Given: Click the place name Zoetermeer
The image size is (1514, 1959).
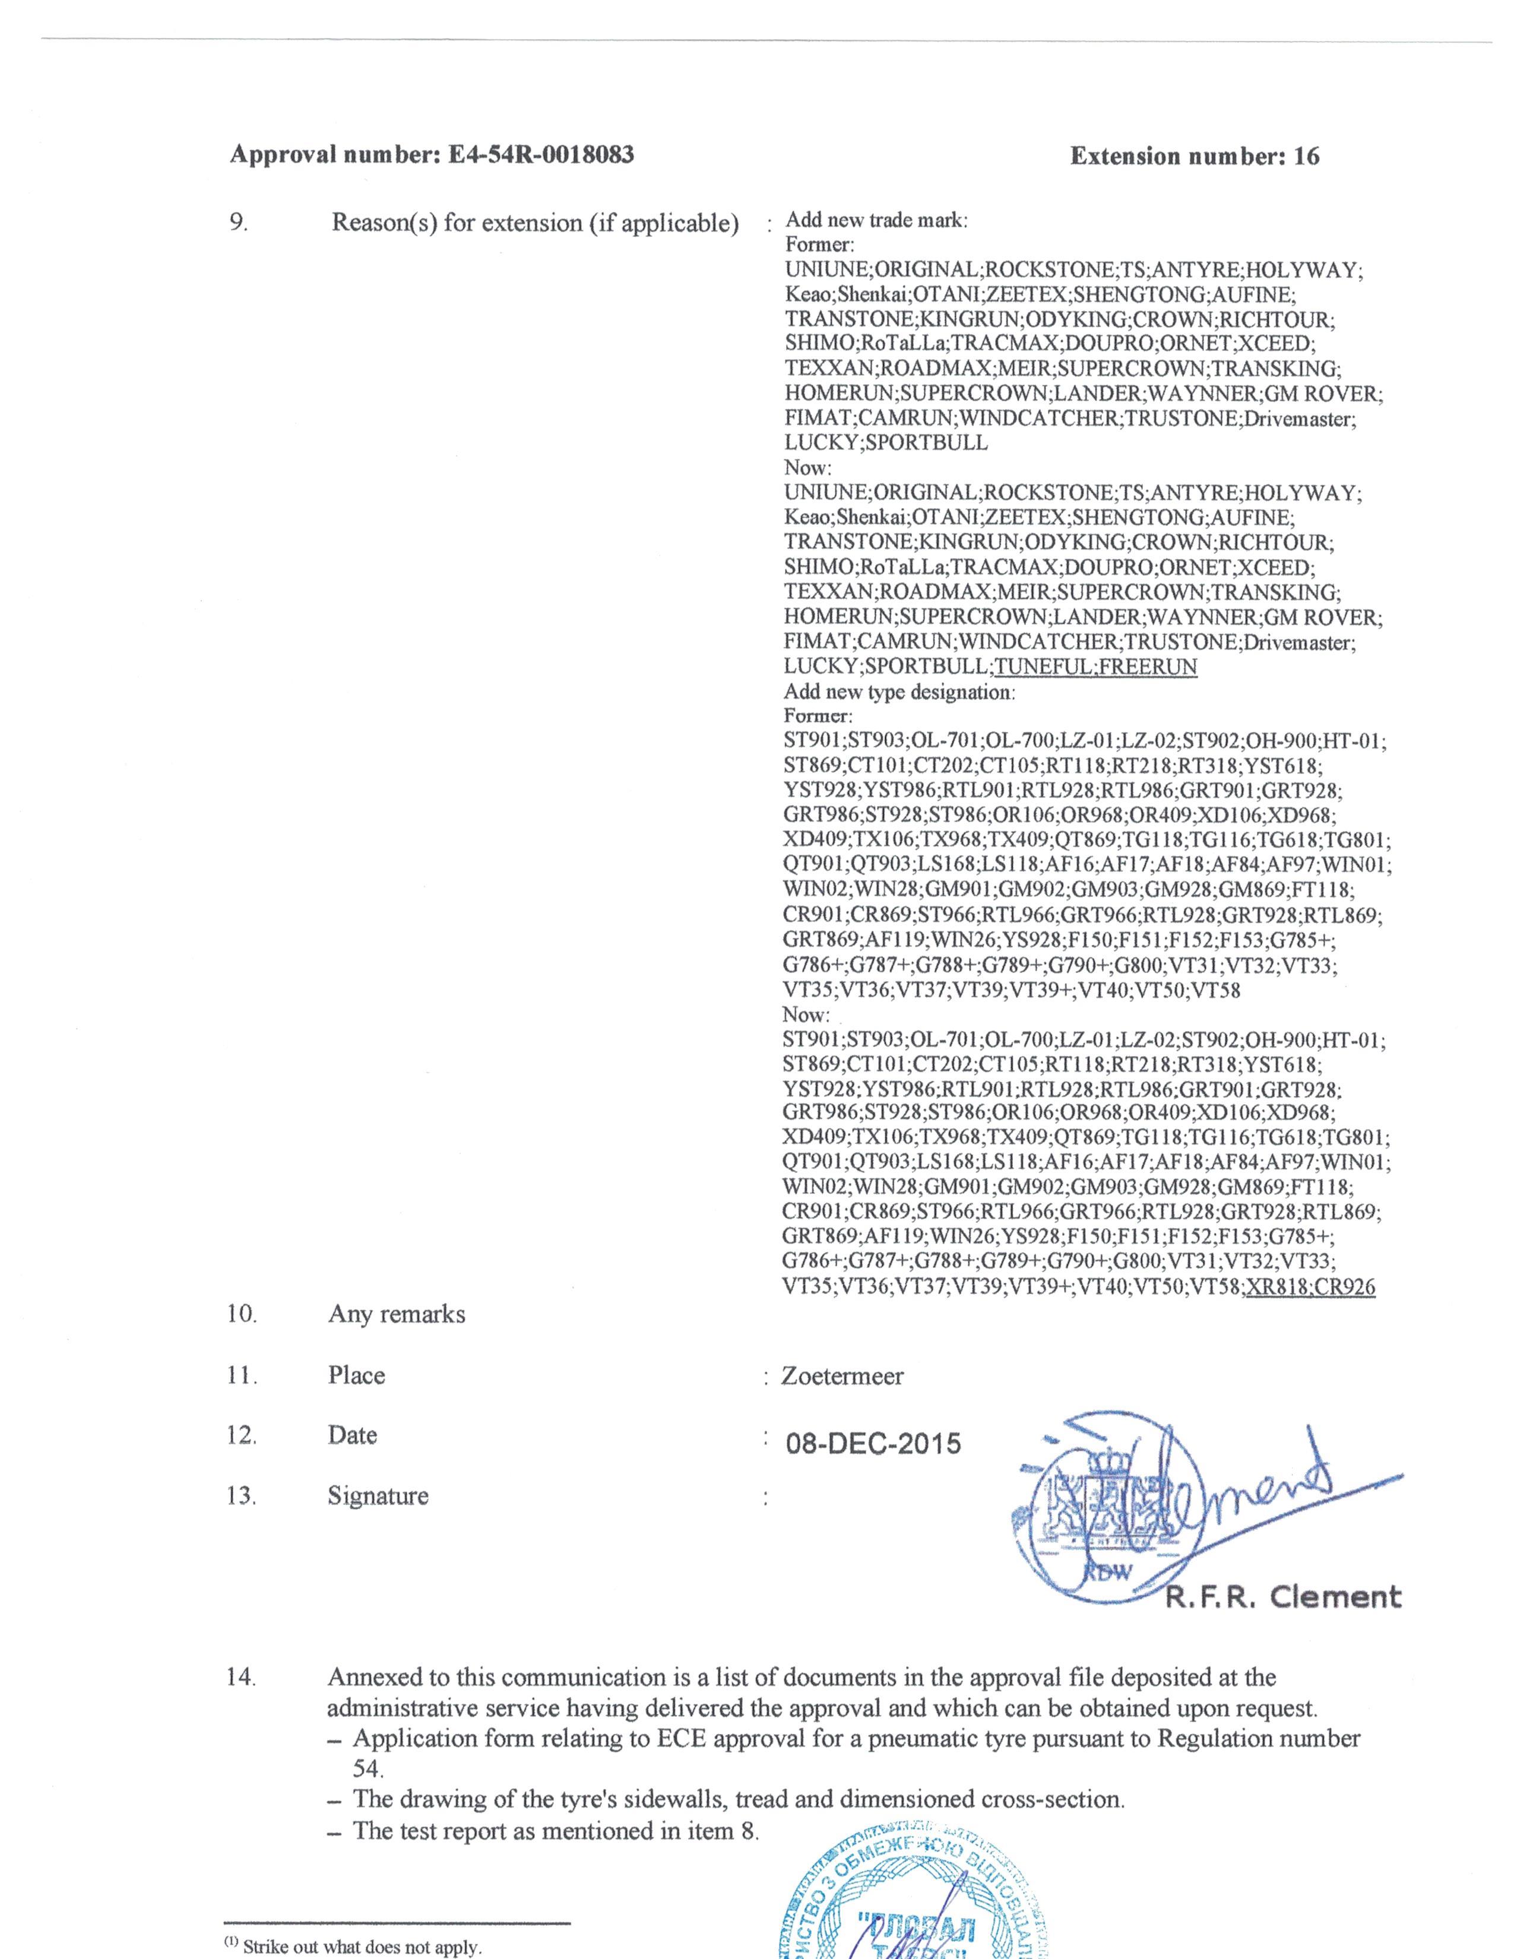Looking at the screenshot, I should tap(842, 1376).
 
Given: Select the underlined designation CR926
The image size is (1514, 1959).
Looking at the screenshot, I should tap(1344, 1287).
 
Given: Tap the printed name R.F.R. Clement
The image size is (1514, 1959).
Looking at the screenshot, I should tap(1282, 1597).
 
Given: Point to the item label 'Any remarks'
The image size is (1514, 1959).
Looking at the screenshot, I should tap(397, 1314).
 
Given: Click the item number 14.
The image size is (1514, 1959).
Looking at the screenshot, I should tap(240, 1676).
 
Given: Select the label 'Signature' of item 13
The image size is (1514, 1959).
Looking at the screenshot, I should tap(378, 1495).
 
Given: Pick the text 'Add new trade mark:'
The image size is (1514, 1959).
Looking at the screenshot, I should tap(876, 221).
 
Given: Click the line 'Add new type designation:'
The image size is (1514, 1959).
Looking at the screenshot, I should tap(899, 692).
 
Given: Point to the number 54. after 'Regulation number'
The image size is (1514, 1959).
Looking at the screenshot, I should tap(367, 1769).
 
